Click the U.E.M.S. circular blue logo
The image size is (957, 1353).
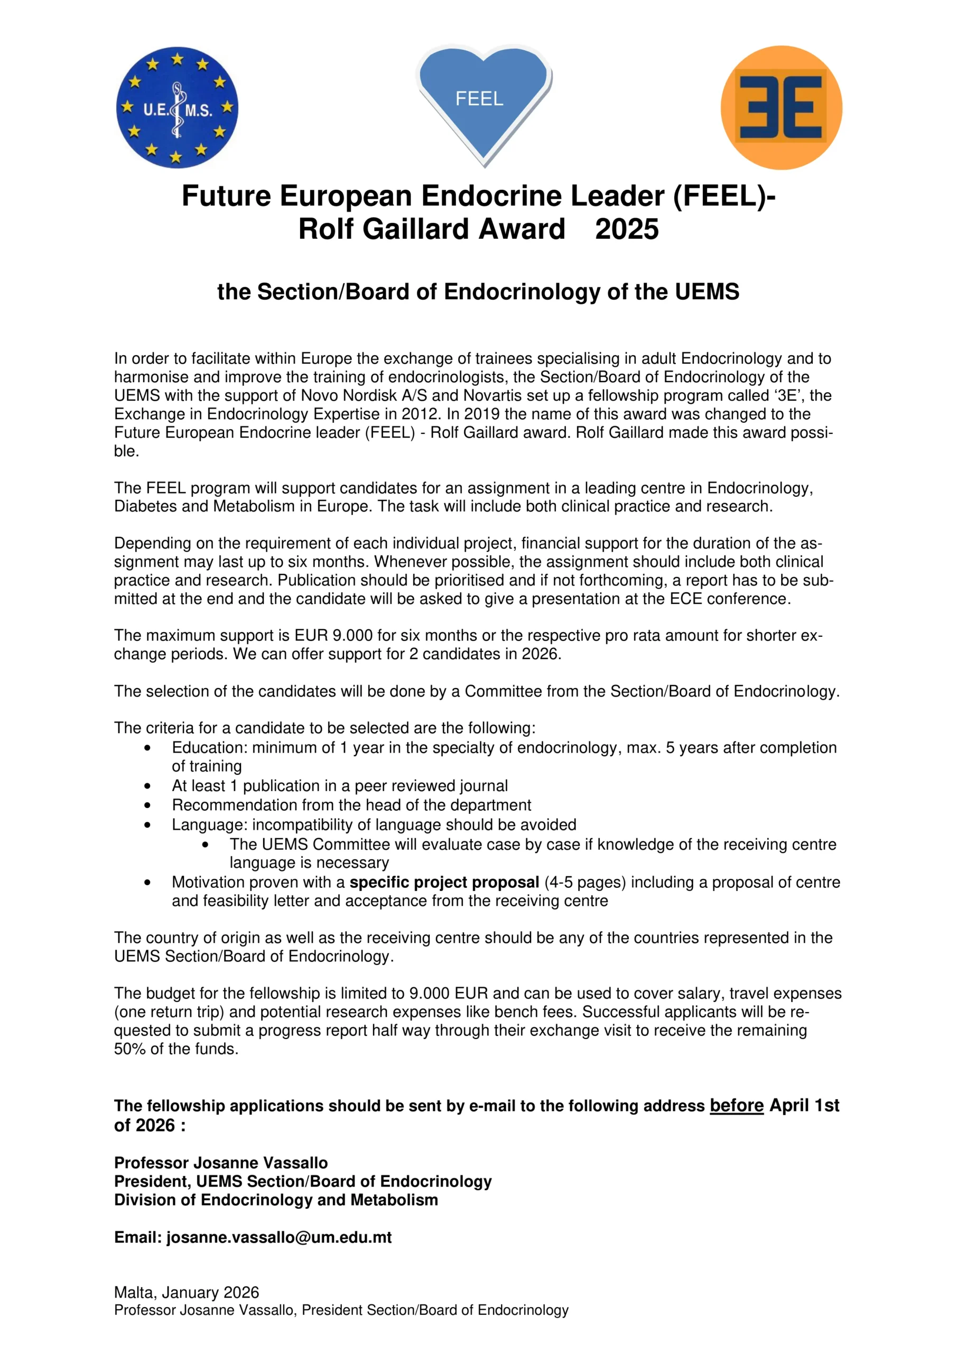click(x=178, y=108)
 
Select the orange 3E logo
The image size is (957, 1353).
click(x=782, y=108)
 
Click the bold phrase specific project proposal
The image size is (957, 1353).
click(x=444, y=882)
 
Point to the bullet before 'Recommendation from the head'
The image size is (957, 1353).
click(x=147, y=805)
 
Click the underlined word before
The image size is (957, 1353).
click(x=736, y=1106)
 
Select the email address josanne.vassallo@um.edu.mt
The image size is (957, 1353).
click(x=278, y=1237)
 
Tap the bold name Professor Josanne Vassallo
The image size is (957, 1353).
click(x=221, y=1163)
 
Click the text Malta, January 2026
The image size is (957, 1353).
click(x=186, y=1292)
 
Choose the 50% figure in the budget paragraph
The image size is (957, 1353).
click(x=129, y=1049)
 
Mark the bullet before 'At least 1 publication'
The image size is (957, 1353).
click(x=147, y=786)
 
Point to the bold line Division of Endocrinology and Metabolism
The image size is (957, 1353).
click(x=276, y=1200)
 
